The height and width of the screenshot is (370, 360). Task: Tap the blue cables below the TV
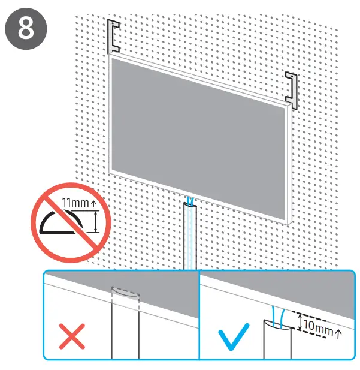click(x=190, y=201)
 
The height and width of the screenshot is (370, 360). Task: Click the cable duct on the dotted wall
click(x=190, y=237)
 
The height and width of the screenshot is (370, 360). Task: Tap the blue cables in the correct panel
click(x=277, y=315)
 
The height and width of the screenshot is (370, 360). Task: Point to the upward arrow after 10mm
click(x=339, y=329)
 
